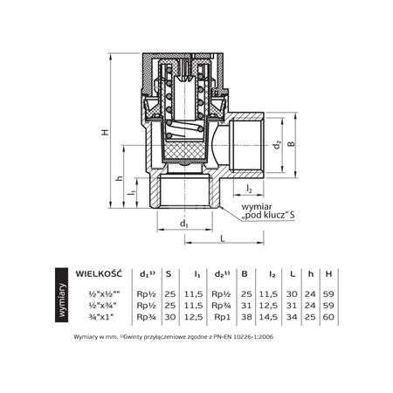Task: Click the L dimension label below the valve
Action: click(x=223, y=238)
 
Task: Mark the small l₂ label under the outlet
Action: click(x=249, y=189)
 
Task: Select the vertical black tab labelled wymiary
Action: click(x=60, y=297)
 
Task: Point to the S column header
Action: click(x=168, y=273)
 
